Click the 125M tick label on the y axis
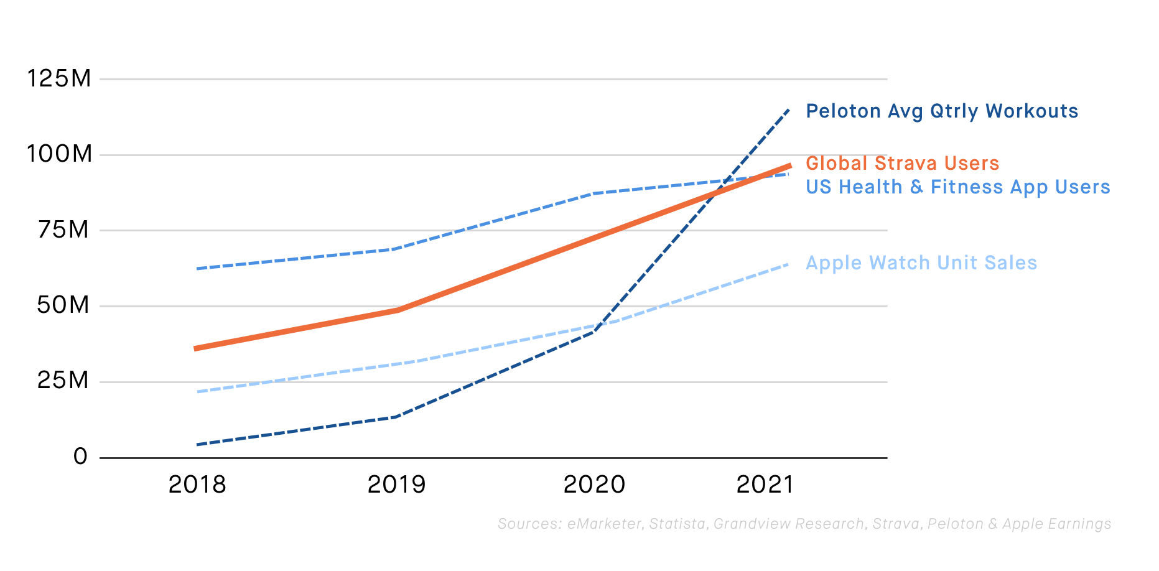tap(59, 79)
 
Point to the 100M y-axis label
tap(59, 154)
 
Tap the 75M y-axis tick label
tap(63, 230)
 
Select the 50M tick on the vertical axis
tap(63, 305)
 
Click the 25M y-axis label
tap(63, 381)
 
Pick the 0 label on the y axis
tap(81, 457)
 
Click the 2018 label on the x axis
tap(197, 485)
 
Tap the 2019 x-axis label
tap(396, 485)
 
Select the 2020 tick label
tap(594, 485)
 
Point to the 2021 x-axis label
tap(765, 485)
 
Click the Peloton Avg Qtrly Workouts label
tap(942, 111)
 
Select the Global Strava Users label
tap(902, 164)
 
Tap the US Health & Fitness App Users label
tap(958, 187)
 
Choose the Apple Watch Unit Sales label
tap(921, 263)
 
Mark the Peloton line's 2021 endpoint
tap(789, 109)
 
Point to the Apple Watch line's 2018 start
tap(197, 392)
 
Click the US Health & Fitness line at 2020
tap(594, 193)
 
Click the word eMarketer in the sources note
tap(603, 524)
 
